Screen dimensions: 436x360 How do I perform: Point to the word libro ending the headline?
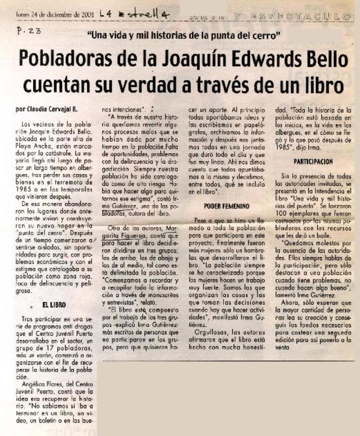tap(321, 84)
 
